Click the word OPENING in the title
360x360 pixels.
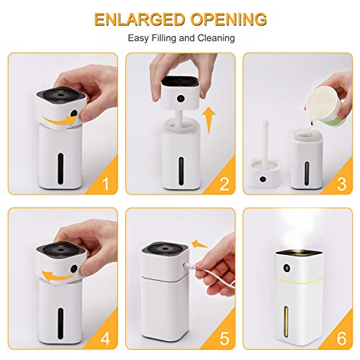225,19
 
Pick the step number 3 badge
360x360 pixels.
343,185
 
